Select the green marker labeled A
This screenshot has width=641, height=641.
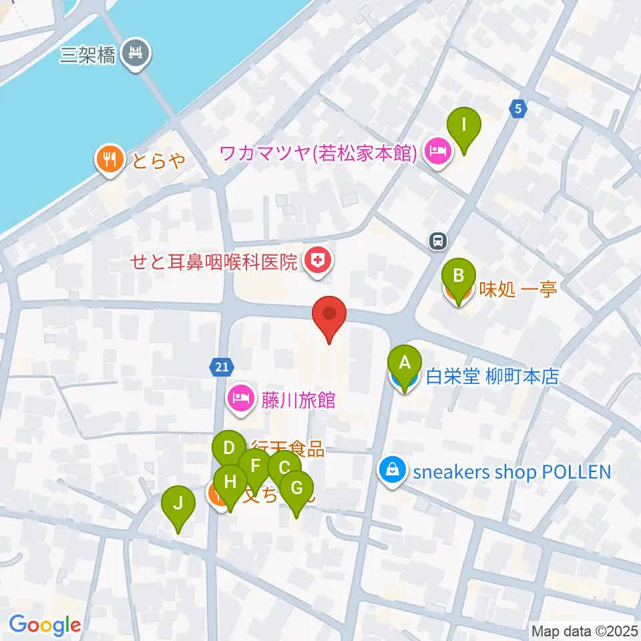[405, 365]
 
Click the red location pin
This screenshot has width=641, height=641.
[329, 316]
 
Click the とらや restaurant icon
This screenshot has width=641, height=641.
[108, 159]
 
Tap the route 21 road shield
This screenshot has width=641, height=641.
[222, 365]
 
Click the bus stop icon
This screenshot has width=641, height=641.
[438, 240]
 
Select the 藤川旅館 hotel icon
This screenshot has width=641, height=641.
[240, 399]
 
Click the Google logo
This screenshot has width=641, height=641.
[45, 625]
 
